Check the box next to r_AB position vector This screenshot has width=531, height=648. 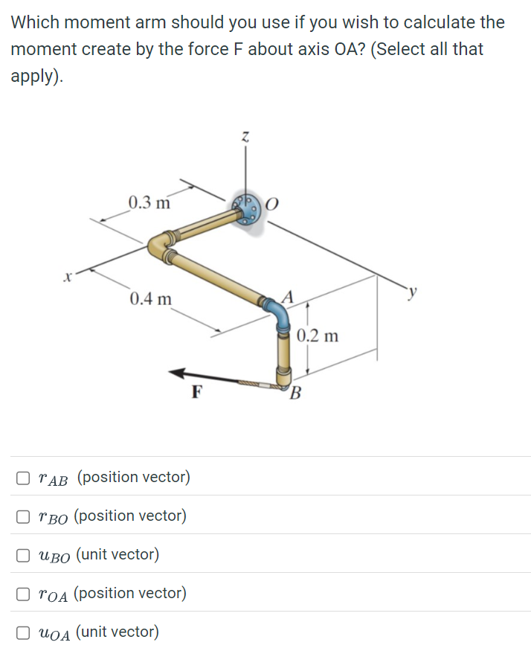tap(25, 477)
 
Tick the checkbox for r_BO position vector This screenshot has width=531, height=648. tap(25, 516)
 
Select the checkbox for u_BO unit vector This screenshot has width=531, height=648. tap(25, 554)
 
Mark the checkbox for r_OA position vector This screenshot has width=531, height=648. tap(25, 593)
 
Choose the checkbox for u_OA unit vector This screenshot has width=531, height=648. tap(25, 632)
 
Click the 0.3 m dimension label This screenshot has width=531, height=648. tap(149, 202)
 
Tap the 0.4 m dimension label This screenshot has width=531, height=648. tap(150, 299)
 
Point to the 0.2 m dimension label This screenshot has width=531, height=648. tap(318, 336)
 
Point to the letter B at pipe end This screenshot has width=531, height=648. tap(296, 393)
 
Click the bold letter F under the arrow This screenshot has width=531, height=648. tap(196, 392)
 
